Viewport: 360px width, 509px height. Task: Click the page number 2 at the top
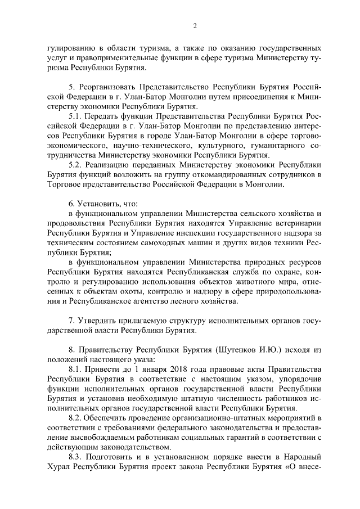pos(195,25)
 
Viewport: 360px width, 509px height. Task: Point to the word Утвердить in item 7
pos(97,320)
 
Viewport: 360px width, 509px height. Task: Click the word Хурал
pos(58,466)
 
